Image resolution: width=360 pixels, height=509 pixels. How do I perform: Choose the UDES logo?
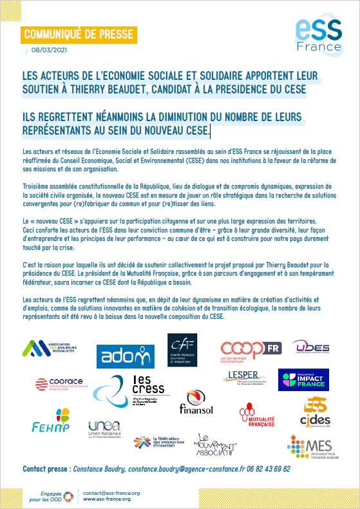click(x=311, y=347)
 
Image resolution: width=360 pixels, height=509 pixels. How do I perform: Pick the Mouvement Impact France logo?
click(x=303, y=380)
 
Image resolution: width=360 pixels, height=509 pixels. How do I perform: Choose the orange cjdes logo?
click(x=316, y=413)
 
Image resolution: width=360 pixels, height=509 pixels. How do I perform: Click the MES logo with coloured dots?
click(x=308, y=447)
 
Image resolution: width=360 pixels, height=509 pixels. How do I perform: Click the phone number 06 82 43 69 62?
click(x=268, y=469)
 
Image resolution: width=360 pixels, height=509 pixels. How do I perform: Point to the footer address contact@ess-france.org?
click(x=111, y=492)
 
